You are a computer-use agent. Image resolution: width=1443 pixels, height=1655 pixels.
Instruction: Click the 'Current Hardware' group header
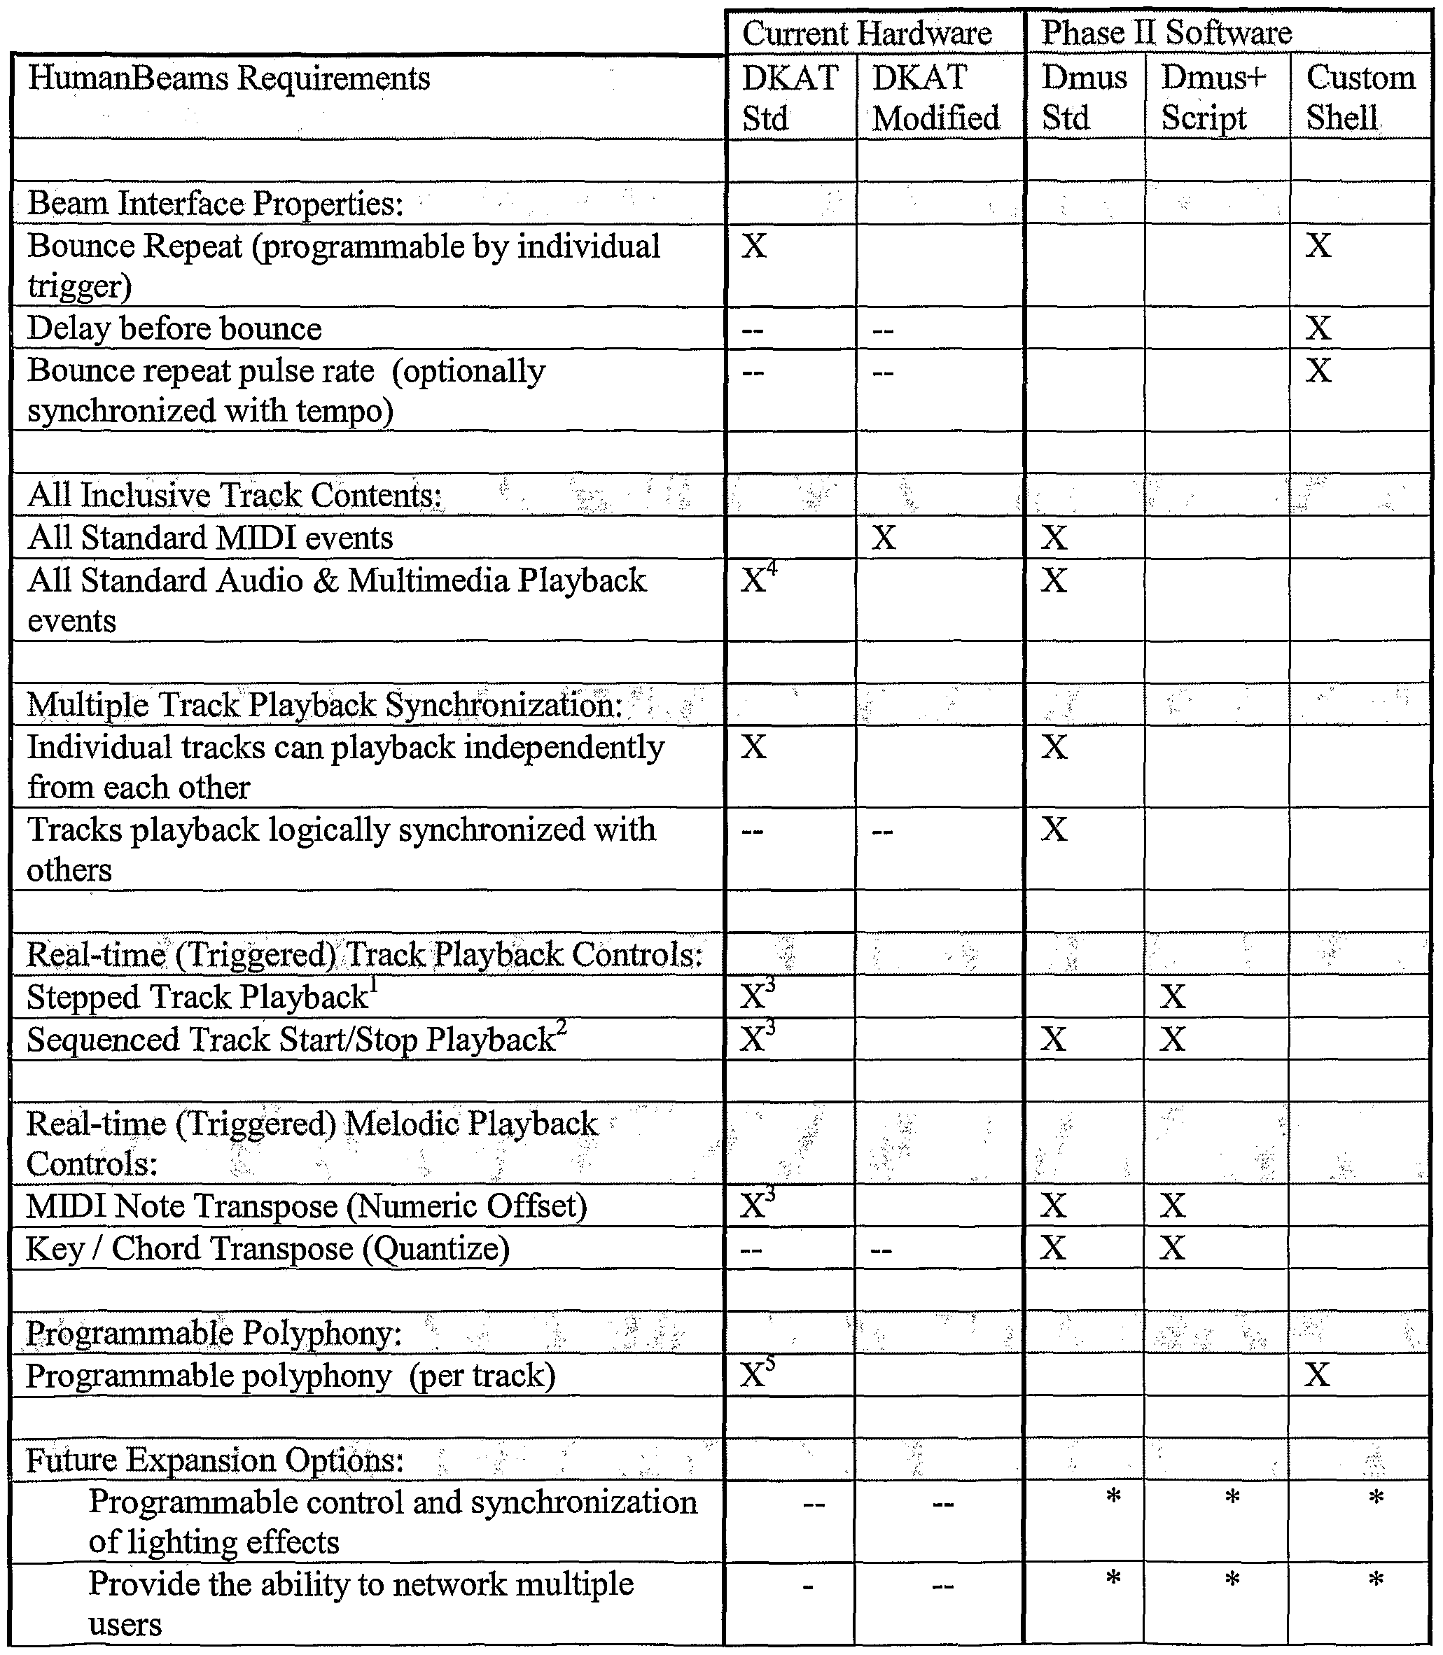867,34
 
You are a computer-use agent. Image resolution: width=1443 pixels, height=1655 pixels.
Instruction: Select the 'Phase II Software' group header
1166,33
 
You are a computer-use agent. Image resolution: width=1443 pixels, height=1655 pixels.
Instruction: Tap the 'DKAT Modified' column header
935,97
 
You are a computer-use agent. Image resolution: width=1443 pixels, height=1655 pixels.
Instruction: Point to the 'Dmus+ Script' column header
1213,97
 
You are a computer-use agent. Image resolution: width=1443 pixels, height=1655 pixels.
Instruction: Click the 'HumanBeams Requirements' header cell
229,79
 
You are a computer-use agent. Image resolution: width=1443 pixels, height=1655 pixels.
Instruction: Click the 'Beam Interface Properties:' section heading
215,203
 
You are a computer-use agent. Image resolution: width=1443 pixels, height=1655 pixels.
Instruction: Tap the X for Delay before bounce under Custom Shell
1318,328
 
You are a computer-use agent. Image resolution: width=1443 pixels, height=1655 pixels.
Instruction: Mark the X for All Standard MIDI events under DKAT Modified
884,538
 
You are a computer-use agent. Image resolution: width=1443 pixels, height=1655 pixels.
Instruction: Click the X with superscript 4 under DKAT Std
757,580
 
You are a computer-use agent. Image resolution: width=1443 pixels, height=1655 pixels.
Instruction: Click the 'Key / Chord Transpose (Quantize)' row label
267,1248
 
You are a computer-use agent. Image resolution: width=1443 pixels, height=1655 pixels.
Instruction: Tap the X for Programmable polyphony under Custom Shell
1318,1375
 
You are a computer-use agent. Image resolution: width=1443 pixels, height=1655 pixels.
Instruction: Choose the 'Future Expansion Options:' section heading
214,1460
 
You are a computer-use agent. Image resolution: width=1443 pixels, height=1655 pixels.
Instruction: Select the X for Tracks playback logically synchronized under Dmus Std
1053,829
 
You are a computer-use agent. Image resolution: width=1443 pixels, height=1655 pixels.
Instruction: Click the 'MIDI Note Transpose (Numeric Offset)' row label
306,1206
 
